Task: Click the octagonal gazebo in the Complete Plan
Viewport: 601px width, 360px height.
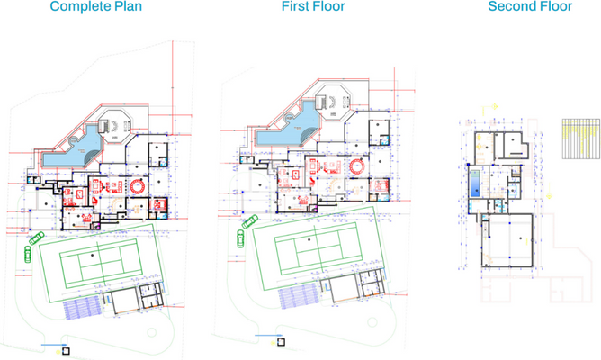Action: (114, 125)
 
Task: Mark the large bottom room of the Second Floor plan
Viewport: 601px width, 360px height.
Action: (509, 240)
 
